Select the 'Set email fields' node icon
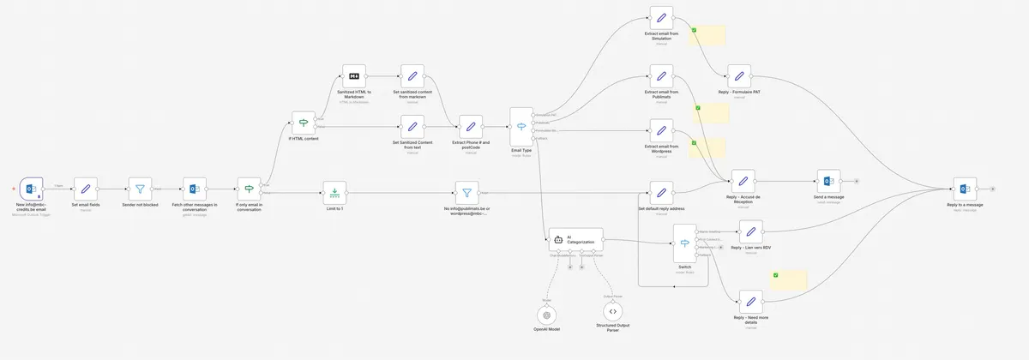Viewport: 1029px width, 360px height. coord(86,189)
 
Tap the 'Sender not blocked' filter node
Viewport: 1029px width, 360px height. coord(141,189)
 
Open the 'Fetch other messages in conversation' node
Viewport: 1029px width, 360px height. coord(195,189)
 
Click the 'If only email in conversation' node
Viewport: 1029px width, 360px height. coord(250,189)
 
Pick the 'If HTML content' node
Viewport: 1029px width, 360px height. coord(304,123)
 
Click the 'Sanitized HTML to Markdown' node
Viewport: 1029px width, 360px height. coord(354,77)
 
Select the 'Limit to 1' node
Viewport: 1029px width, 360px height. coord(334,189)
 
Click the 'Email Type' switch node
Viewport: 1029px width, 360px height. coord(521,127)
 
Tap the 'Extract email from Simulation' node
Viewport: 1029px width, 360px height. coord(661,18)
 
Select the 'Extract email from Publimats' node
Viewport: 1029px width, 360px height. coord(661,77)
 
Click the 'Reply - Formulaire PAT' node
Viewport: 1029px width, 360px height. coord(740,76)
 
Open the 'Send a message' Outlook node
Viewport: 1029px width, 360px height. coord(829,182)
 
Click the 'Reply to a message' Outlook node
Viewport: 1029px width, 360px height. coord(965,189)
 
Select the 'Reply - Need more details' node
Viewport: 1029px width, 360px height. coord(750,302)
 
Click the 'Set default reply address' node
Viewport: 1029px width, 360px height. coord(661,193)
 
